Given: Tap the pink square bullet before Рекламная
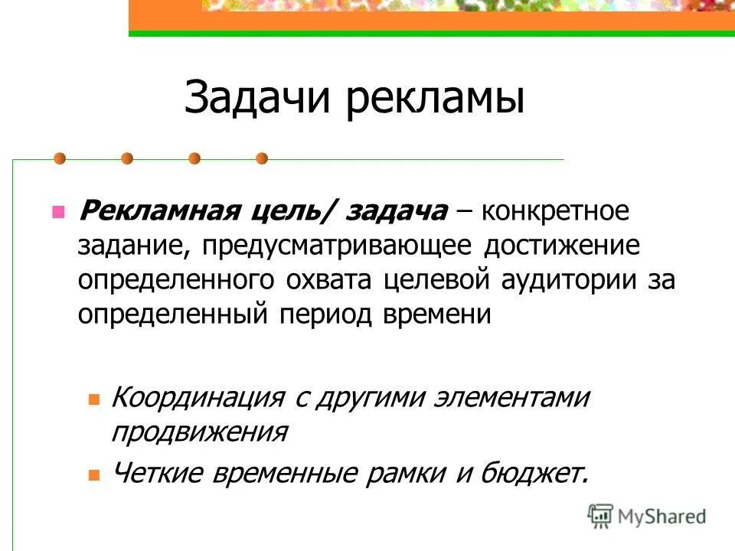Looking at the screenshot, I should [x=57, y=211].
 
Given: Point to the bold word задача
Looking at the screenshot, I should [x=397, y=210].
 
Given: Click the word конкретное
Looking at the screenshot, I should [x=555, y=210].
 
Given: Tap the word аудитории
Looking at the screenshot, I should [x=562, y=279].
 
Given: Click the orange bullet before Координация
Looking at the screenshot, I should [x=94, y=399].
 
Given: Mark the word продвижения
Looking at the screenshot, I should [x=199, y=432].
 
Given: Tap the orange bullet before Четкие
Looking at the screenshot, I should [x=94, y=474].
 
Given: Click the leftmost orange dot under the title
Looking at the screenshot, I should [x=60, y=158].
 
